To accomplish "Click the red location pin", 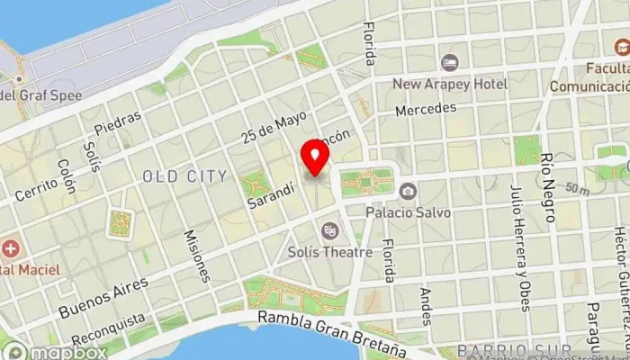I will pyautogui.click(x=315, y=157).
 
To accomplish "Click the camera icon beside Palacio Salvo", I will pyautogui.click(x=408, y=191).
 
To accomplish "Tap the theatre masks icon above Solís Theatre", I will pyautogui.click(x=330, y=231).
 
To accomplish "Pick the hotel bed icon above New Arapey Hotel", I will pyautogui.click(x=449, y=63).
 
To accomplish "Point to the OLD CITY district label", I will pyautogui.click(x=185, y=176).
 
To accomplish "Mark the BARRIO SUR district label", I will pyautogui.click(x=513, y=349).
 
